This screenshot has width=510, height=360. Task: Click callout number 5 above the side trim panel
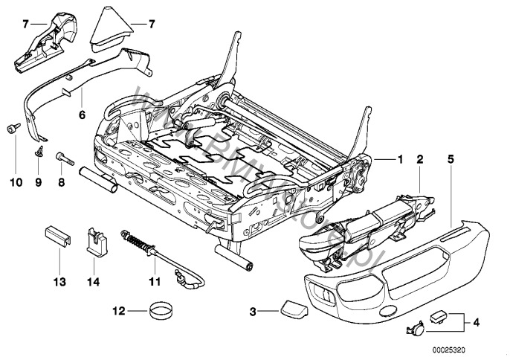click(x=450, y=158)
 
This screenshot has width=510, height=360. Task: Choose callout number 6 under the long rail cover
click(x=83, y=115)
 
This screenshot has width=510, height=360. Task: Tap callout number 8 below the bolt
click(x=60, y=180)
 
